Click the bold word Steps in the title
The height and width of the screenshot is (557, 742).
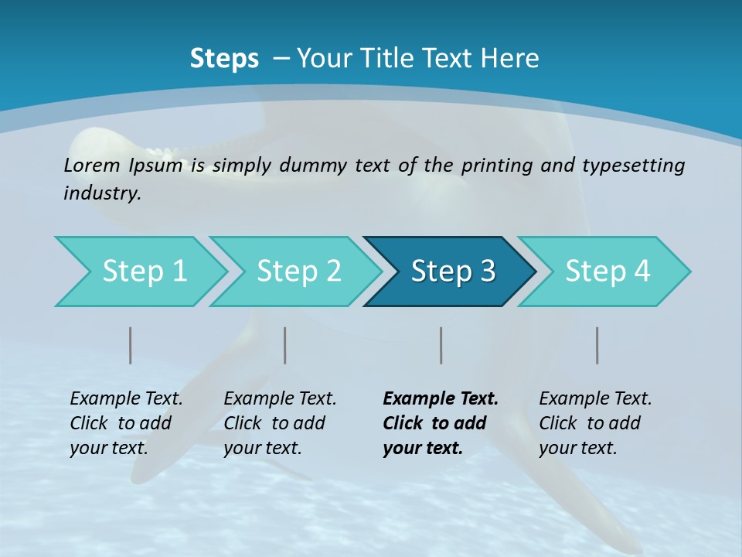[x=224, y=59]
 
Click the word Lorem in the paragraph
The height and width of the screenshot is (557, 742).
[x=92, y=165]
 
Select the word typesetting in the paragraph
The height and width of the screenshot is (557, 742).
[x=633, y=165]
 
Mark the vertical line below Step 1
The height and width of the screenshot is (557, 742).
[x=131, y=345]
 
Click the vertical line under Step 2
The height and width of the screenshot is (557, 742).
[x=285, y=345]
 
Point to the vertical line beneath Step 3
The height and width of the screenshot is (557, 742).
[x=441, y=345]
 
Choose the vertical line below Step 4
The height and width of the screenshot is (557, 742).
[x=597, y=345]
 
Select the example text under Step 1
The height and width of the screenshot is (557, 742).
[x=126, y=423]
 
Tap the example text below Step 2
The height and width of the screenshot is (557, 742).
[x=280, y=423]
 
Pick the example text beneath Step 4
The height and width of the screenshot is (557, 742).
[x=595, y=423]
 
